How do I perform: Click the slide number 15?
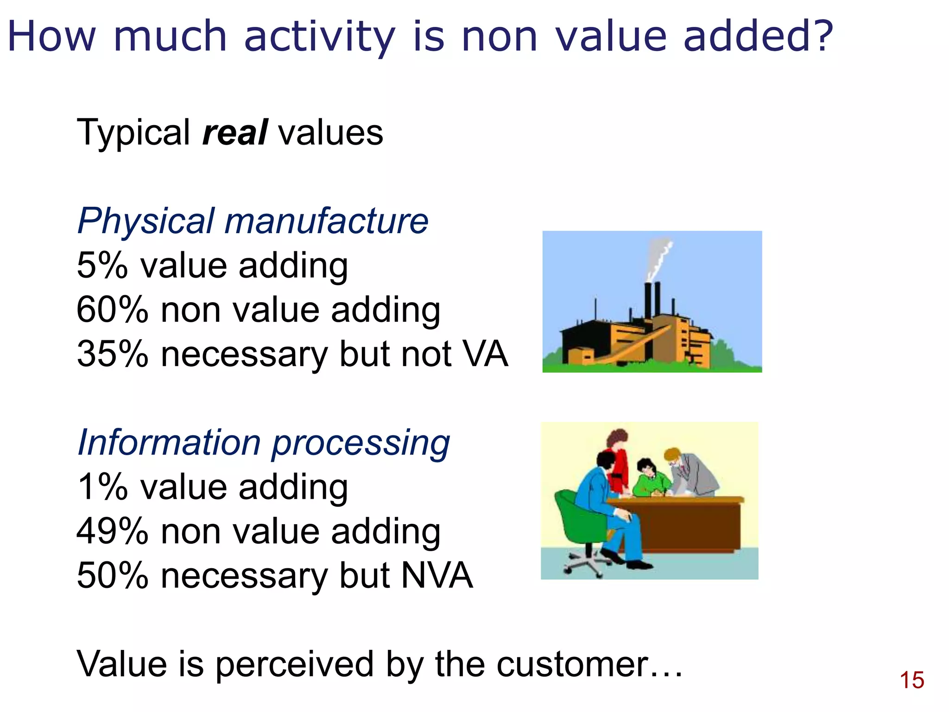point(911,680)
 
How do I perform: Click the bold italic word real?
point(235,133)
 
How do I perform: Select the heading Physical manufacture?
point(253,221)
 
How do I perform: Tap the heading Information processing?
point(263,443)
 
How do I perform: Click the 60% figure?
point(112,310)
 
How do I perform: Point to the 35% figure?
point(112,354)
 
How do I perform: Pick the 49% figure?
point(112,531)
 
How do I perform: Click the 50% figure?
point(112,576)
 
